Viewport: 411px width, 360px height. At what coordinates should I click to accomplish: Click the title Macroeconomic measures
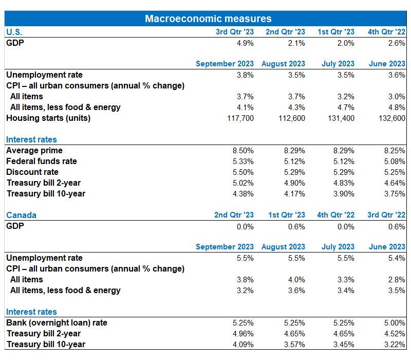coord(208,19)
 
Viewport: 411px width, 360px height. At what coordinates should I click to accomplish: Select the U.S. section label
coord(14,32)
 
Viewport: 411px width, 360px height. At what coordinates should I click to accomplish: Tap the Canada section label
coord(21,215)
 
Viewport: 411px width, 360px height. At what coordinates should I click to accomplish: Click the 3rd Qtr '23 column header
coord(235,32)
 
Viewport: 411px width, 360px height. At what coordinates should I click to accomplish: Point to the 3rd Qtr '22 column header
coord(386,215)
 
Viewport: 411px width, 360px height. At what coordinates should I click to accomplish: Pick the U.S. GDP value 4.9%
coord(245,43)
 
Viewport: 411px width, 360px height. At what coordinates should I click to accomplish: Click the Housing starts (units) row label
coord(48,118)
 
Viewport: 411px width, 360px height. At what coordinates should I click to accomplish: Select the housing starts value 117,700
coord(240,118)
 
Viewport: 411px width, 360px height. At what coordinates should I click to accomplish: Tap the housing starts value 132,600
coord(392,118)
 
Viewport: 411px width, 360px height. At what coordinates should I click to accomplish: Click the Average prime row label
coord(34,150)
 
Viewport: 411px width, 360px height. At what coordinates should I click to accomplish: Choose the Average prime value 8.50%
coord(243,151)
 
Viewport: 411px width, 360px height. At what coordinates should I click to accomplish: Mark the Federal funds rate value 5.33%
coord(243,161)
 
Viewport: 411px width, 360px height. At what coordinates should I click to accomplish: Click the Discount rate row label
coord(32,172)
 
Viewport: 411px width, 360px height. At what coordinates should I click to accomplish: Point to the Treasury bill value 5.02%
coord(243,183)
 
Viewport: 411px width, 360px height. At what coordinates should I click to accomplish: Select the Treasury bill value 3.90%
coord(344,194)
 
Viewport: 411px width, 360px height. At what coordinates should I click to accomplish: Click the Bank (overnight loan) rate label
coord(57,323)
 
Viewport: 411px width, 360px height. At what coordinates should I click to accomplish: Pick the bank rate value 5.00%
coord(395,323)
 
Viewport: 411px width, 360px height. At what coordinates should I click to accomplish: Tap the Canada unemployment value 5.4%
coord(397,258)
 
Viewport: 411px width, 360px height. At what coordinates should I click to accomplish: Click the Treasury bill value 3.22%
coord(395,345)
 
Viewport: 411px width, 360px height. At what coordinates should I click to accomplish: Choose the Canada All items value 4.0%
coord(296,280)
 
